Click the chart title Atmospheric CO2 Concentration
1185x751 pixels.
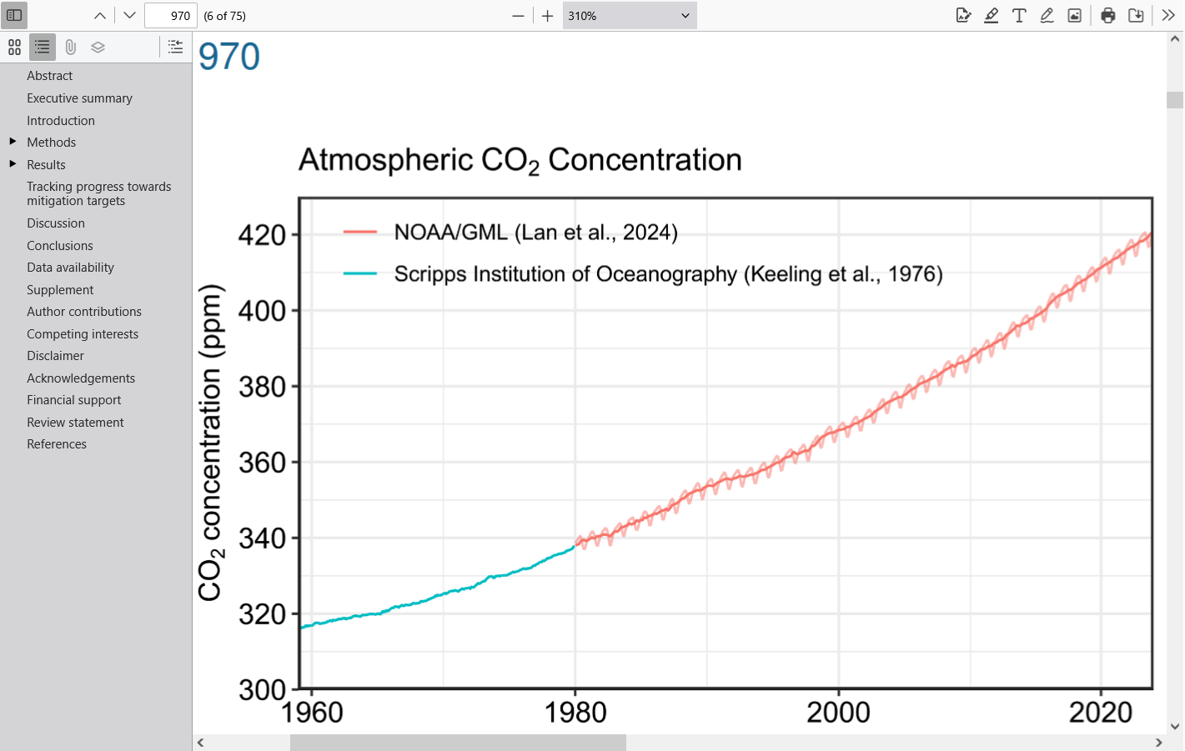[520, 160]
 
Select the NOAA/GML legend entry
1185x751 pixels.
[535, 233]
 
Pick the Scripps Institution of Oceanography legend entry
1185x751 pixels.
[668, 274]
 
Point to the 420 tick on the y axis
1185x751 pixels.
[262, 235]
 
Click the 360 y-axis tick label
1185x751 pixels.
[262, 463]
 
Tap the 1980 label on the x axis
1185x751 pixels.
[575, 713]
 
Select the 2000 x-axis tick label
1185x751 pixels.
[838, 713]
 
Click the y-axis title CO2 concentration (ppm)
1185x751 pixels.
[210, 442]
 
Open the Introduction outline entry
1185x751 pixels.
[61, 120]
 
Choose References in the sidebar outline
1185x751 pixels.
[57, 444]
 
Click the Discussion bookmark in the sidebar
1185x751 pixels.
[56, 223]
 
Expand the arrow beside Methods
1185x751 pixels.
[13, 142]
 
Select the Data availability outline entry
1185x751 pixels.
[70, 268]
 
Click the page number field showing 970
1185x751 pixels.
[171, 16]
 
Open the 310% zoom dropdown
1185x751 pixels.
[629, 16]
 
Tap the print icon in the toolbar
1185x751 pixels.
[1107, 16]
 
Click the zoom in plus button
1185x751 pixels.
[547, 16]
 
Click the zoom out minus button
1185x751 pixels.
[518, 16]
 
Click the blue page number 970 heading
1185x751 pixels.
[229, 57]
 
